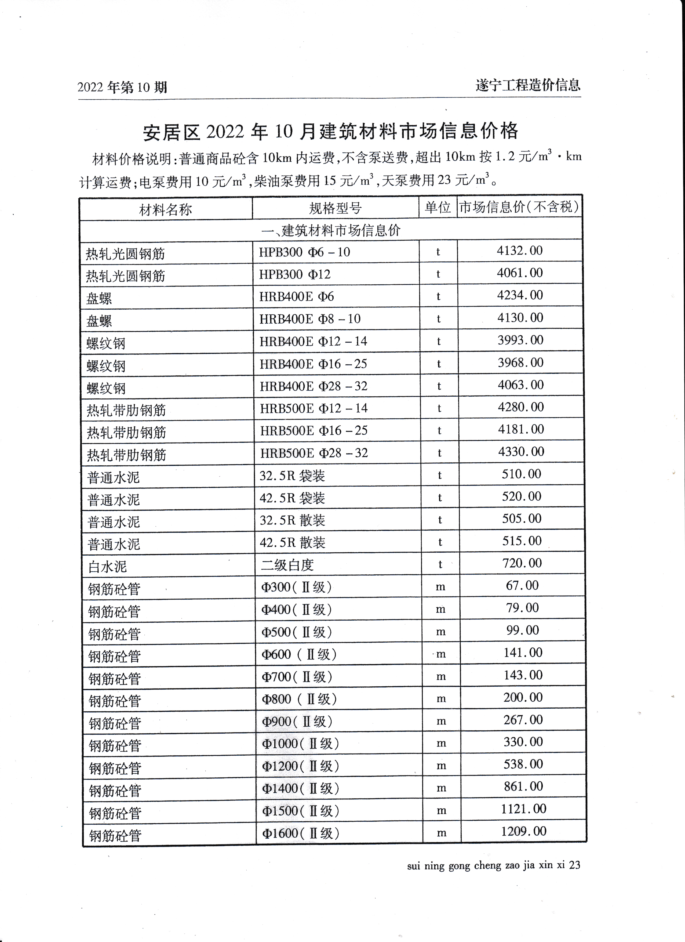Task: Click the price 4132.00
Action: pyautogui.click(x=519, y=251)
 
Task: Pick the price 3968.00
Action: pyautogui.click(x=521, y=363)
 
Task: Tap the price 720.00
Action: pyautogui.click(x=522, y=563)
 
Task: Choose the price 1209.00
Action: pyautogui.click(x=523, y=831)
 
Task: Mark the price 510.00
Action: pyautogui.click(x=522, y=474)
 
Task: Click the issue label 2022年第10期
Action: pyautogui.click(x=122, y=87)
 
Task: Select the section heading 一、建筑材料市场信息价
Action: pyautogui.click(x=331, y=230)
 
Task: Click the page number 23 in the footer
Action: pyautogui.click(x=575, y=865)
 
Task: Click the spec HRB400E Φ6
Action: pyautogui.click(x=296, y=296)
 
